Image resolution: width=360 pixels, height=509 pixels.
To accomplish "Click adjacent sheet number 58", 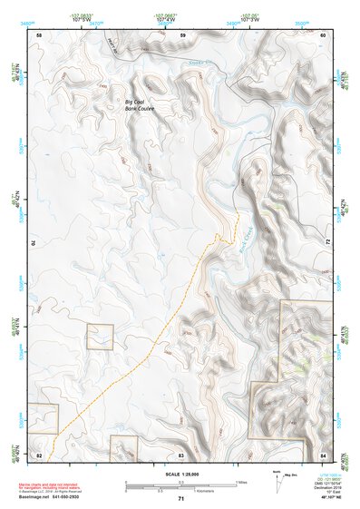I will (39, 34).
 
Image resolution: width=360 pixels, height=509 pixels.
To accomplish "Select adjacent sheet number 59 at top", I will (182, 34).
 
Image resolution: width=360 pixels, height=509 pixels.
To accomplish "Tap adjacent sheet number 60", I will (325, 34).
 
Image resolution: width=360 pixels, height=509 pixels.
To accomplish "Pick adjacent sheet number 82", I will (39, 454).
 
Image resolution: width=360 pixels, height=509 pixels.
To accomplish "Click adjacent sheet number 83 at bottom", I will (181, 454).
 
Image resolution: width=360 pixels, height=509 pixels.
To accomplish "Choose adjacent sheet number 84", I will (324, 454).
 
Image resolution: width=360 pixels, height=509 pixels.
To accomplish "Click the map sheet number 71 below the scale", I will (181, 499).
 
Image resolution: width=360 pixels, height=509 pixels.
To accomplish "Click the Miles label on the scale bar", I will (241, 482).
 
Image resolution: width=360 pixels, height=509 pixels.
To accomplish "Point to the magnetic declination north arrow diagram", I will (277, 481).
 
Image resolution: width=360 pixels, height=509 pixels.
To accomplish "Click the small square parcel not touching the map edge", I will (100, 337).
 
